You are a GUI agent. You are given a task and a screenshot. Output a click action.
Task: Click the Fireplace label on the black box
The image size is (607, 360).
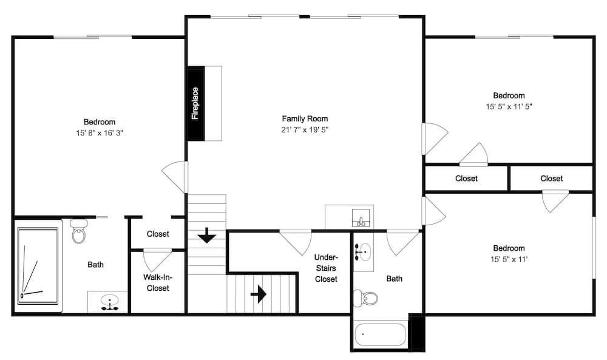[x=195, y=104]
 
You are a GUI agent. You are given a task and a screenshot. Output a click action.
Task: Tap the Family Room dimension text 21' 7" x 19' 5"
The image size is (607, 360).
[x=305, y=130]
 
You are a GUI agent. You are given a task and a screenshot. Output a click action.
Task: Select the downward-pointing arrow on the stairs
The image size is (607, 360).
[x=206, y=235]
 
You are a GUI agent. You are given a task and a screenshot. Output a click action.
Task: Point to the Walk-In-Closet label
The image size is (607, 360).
[x=158, y=283]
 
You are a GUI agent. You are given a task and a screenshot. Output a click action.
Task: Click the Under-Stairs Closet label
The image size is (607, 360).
[x=326, y=268]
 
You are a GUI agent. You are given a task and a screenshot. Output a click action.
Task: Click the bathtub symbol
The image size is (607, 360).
[x=381, y=334]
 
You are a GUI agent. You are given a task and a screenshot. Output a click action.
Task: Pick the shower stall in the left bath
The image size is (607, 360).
[x=38, y=265]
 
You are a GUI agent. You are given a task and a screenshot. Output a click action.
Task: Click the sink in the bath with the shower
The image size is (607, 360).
[x=109, y=302]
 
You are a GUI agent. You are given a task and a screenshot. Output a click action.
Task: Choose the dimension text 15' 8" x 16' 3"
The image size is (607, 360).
[x=100, y=132]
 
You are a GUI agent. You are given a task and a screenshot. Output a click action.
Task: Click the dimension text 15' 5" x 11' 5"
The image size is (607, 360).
[x=509, y=106]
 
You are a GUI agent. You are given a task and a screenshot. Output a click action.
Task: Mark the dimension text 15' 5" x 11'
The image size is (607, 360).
[x=509, y=259]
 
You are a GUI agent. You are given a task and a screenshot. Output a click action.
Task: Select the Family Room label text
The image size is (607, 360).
[x=305, y=119]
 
